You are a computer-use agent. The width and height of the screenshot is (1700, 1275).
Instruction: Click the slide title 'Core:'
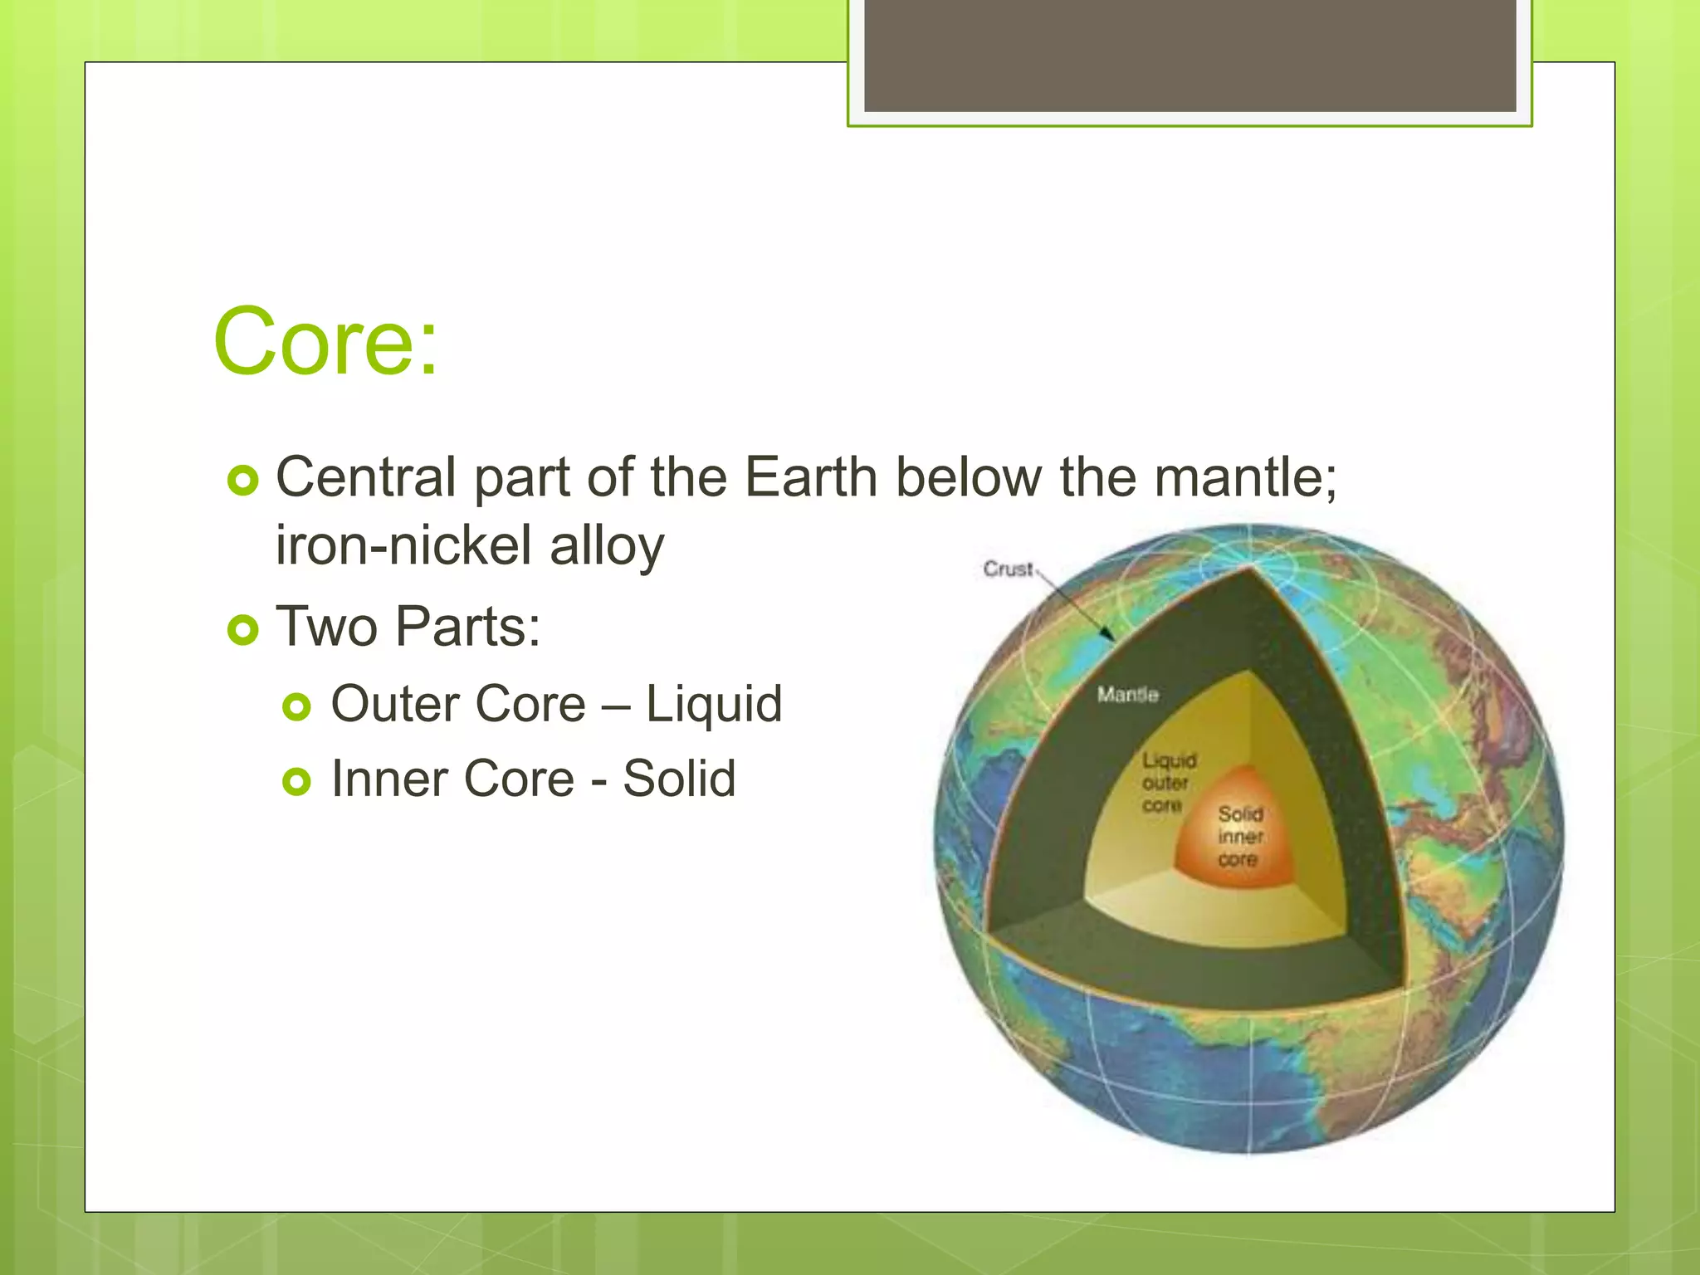pos(325,341)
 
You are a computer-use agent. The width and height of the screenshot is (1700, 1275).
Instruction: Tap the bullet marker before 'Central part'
pos(243,481)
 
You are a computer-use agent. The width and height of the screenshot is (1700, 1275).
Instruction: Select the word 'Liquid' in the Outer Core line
pos(714,705)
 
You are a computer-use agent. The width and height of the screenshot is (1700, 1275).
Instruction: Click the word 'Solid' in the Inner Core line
pos(679,779)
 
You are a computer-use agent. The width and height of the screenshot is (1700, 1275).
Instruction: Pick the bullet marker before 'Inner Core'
pos(296,781)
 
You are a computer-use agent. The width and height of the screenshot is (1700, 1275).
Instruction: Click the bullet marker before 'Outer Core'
pos(296,707)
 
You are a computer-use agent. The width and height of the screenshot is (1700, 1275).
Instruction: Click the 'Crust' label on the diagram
pos(1008,569)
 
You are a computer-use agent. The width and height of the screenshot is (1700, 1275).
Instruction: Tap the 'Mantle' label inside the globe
pos(1127,694)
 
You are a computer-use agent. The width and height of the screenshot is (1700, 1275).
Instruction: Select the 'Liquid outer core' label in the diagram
pos(1167,783)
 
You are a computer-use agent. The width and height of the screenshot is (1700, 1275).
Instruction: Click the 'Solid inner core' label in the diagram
pos(1240,837)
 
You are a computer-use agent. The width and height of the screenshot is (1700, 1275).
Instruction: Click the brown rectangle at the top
pos(1190,55)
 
